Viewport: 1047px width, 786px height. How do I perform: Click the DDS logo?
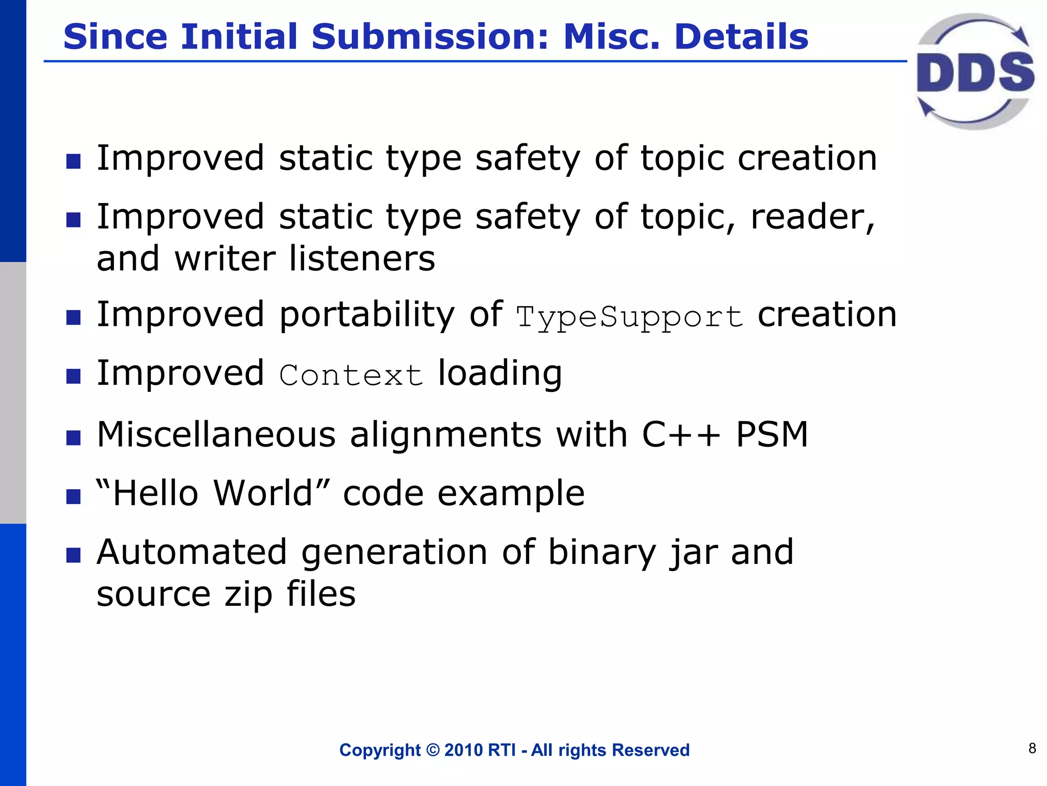pos(974,72)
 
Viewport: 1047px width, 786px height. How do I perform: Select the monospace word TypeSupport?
pos(629,317)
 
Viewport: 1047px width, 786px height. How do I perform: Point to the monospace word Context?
pos(351,376)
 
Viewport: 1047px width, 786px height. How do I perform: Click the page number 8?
pos(1032,748)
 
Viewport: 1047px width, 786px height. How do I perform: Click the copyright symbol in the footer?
pos(433,750)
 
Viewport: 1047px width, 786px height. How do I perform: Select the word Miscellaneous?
pos(216,435)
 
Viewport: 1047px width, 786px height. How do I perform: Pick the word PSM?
pos(772,435)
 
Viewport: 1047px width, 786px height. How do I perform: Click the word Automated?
pos(192,553)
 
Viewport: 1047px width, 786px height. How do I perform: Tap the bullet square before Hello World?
pos(74,496)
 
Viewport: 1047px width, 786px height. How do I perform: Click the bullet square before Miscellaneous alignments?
pos(74,438)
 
